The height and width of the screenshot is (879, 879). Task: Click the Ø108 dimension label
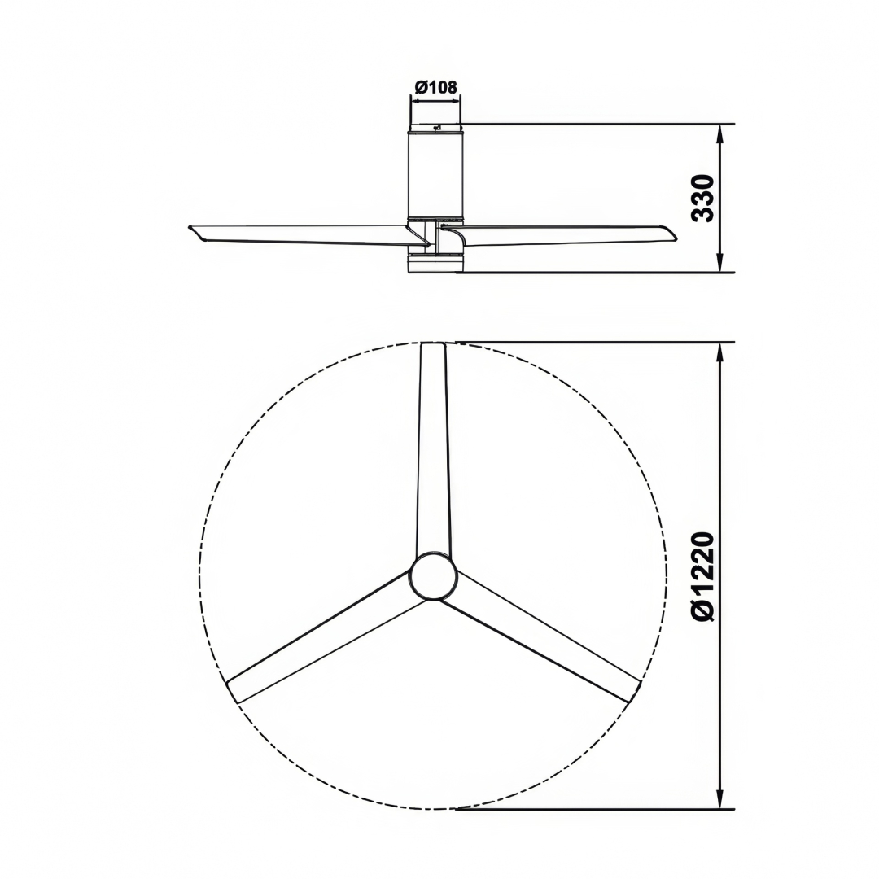click(x=435, y=87)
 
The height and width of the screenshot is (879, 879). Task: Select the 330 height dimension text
click(x=702, y=198)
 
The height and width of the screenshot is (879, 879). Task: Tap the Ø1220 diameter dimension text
click(x=702, y=576)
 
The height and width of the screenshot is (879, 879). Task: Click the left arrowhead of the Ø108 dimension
click(x=414, y=101)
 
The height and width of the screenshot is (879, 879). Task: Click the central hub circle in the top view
click(x=433, y=576)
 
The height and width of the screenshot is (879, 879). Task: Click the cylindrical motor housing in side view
click(x=435, y=175)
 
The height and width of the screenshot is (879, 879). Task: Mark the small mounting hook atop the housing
click(x=438, y=126)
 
